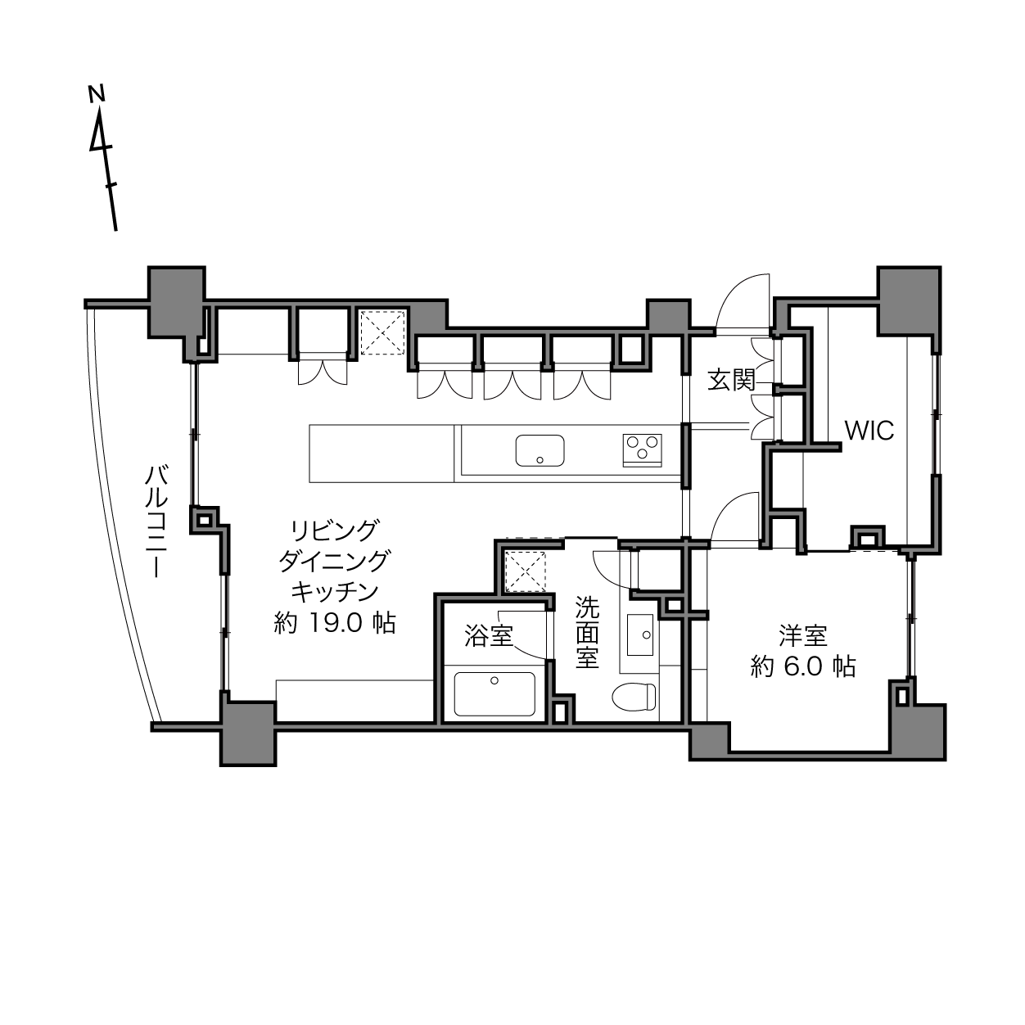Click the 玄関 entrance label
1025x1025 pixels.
(731, 380)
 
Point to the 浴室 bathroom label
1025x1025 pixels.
(488, 635)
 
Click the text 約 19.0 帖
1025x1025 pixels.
(335, 622)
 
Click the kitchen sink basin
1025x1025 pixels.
(540, 450)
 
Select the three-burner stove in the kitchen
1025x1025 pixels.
(643, 450)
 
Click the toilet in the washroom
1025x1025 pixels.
(634, 696)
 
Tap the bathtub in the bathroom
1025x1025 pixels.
(494, 693)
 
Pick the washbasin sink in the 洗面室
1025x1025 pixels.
(640, 635)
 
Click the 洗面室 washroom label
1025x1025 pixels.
(587, 633)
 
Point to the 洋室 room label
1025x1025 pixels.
(803, 635)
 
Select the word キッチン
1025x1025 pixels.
(335, 591)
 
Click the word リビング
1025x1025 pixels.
(335, 531)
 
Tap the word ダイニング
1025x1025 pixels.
(335, 561)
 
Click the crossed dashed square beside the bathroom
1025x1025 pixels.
(526, 571)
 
